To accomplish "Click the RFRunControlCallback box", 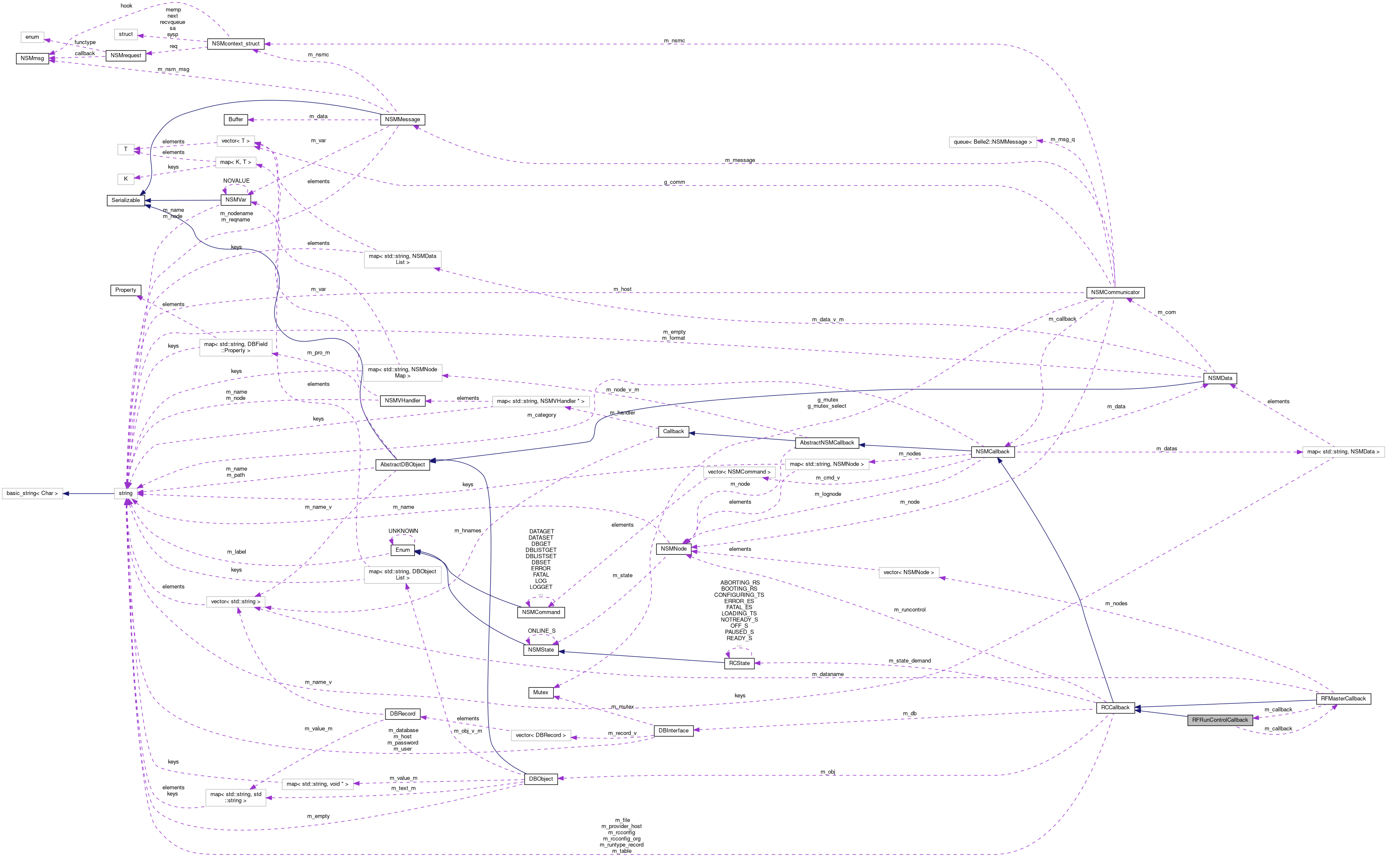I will click(1220, 720).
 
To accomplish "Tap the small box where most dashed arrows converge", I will click(126, 494).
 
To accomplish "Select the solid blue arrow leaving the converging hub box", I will click(90, 494).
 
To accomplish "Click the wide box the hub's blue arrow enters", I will click(32, 494).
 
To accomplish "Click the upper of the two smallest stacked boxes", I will click(126, 149).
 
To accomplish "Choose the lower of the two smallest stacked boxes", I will click(126, 179).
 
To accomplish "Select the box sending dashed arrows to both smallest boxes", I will click(236, 162).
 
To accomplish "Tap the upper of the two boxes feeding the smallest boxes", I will click(236, 141).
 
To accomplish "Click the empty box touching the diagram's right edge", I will click(1343, 452).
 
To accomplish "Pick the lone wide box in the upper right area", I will click(993, 142).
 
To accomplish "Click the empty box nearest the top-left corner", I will click(32, 37).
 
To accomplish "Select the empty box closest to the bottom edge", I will click(236, 798).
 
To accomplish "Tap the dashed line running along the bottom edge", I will click(566, 854).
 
